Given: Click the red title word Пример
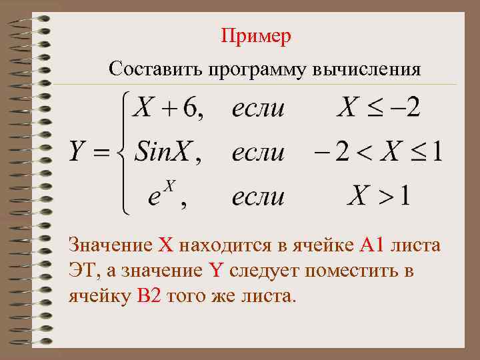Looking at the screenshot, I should (256, 36).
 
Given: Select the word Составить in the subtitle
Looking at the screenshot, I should (155, 69).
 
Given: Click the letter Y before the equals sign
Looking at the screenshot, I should (79, 153).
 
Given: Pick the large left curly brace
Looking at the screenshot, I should (121, 153).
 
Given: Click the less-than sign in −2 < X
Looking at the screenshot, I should (363, 153).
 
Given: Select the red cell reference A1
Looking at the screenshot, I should (371, 245).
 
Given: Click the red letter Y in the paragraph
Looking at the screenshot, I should (215, 271).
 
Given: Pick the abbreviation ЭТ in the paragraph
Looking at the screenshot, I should (80, 271).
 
